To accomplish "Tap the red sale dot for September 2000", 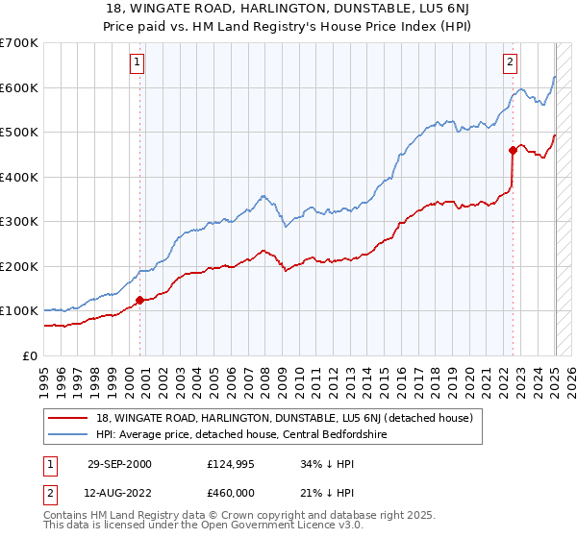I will pyautogui.click(x=139, y=300).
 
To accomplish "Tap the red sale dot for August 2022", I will pyautogui.click(x=513, y=150).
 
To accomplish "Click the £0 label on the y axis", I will pyautogui.click(x=30, y=355).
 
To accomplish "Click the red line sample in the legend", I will pyautogui.click(x=69, y=418).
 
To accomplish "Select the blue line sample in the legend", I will pyautogui.click(x=69, y=434).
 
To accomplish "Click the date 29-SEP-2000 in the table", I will pyautogui.click(x=119, y=464).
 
